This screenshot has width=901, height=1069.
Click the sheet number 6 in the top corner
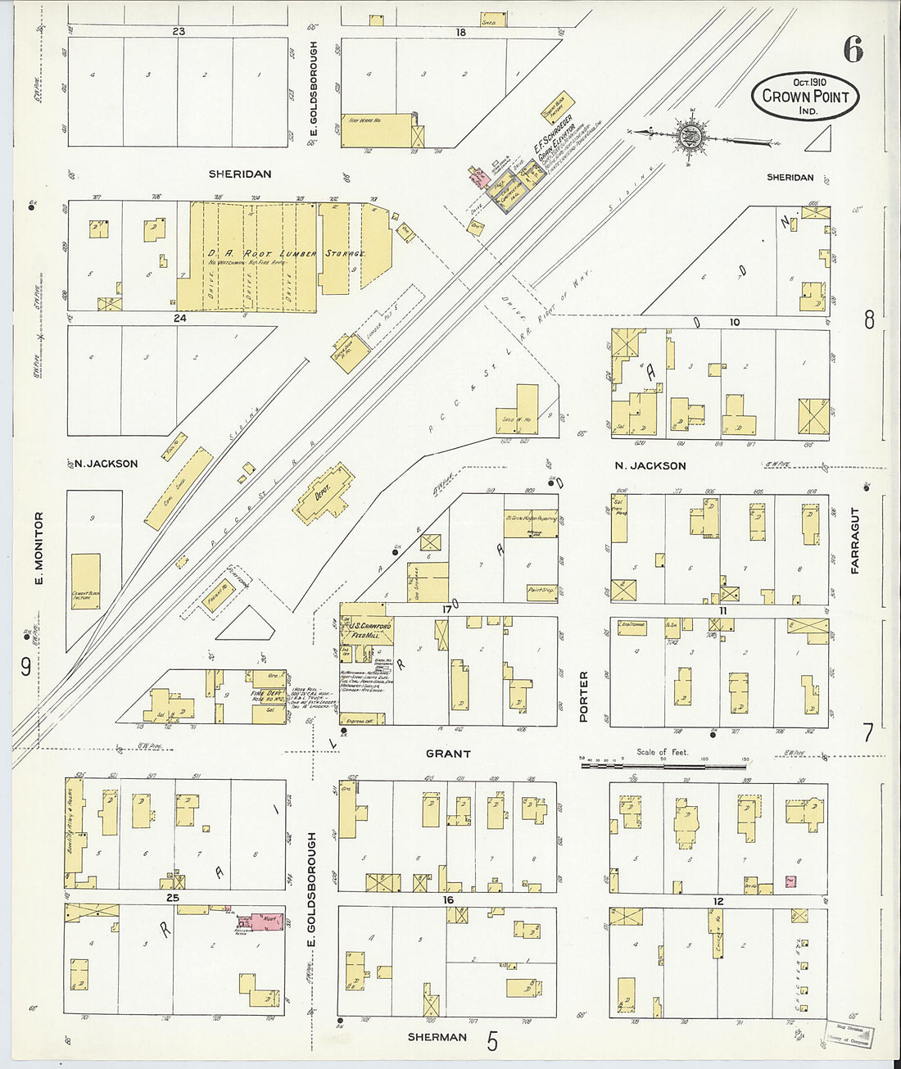853,51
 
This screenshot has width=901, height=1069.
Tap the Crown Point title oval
806,96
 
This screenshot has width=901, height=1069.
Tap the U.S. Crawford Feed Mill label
369,630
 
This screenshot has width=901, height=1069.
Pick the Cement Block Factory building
85,581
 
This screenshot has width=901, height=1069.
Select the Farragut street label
854,541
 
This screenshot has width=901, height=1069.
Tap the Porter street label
584,696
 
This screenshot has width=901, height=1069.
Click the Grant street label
447,754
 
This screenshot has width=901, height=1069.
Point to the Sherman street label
437,1037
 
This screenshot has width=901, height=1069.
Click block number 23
178,32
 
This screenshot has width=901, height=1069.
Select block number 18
460,32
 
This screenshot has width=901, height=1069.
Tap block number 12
718,902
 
